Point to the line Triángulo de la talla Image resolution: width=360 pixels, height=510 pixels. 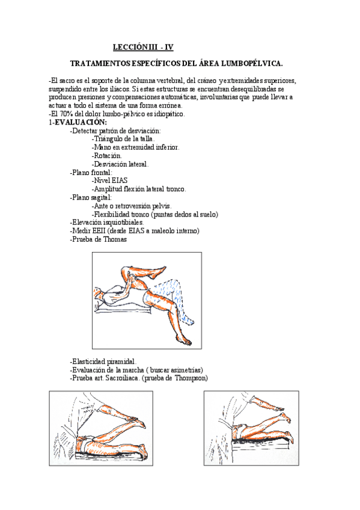click(123, 139)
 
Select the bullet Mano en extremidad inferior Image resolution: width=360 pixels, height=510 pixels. click(135, 147)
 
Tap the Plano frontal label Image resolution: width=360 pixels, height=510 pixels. click(91, 172)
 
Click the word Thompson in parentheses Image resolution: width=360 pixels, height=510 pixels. click(190, 378)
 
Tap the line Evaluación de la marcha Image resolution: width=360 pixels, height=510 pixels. click(136, 370)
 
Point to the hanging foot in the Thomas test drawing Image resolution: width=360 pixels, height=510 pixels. click(188, 341)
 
